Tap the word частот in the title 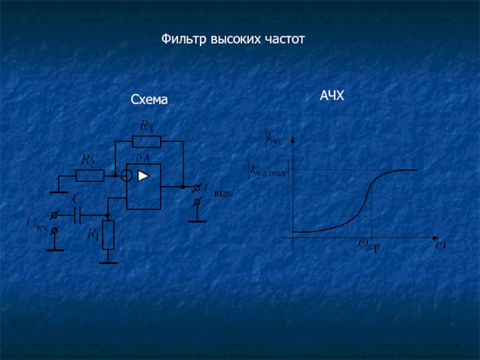pos(284,40)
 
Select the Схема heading pos(149,101)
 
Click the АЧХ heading pos(332,95)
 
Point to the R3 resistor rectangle pos(146,142)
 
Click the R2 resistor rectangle pos(89,175)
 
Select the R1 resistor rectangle pos(108,235)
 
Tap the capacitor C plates pos(77,214)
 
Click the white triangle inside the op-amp pos(143,176)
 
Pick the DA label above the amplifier pos(143,158)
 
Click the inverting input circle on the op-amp pos(126,176)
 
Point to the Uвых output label pos(217,191)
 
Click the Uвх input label pos(36,224)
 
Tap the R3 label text pos(146,125)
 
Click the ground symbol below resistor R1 pos(108,262)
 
